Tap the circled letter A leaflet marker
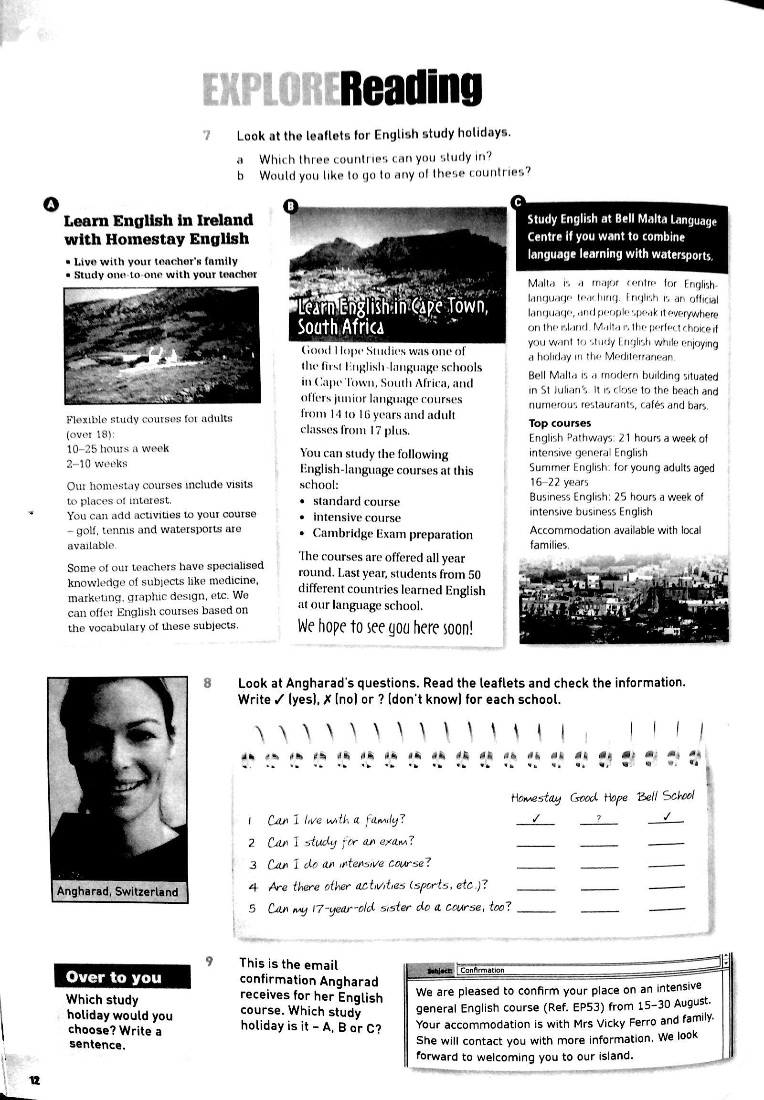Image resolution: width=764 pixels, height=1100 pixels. pos(51,204)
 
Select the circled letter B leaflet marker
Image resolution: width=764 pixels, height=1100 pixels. pos(291,206)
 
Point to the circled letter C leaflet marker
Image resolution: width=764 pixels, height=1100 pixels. pos(518,202)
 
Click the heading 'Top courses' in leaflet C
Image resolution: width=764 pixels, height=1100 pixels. pos(560,423)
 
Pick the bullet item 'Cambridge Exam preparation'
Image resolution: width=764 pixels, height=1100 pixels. pos(393,534)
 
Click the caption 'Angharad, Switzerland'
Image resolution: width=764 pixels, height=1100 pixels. pos(117,891)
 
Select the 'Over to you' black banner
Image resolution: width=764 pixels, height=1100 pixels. pos(122,977)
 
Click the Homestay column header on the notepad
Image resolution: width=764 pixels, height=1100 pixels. pos(535,798)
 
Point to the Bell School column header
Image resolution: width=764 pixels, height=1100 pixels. pos(665,796)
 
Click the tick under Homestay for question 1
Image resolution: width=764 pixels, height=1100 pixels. pos(536,818)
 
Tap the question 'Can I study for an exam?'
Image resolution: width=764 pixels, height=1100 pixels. pos(340,842)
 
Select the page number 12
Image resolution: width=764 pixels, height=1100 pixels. pos(35,1080)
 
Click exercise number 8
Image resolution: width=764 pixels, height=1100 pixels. pos(207,683)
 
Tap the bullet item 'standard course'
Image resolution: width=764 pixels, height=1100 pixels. pos(356,502)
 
